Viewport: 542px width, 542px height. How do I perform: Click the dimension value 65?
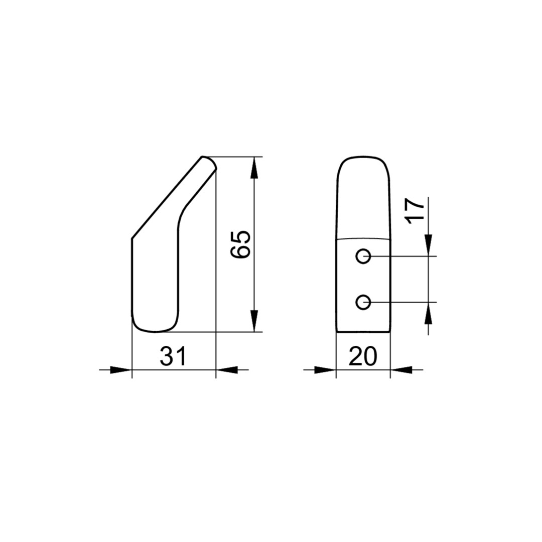[x=240, y=244]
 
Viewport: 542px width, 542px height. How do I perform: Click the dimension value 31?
[x=173, y=356]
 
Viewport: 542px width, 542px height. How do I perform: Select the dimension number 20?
[x=363, y=356]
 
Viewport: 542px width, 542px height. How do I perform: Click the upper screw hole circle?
[x=363, y=256]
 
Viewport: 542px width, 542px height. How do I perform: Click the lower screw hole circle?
[x=363, y=303]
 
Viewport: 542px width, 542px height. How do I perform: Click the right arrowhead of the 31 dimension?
[x=227, y=370]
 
